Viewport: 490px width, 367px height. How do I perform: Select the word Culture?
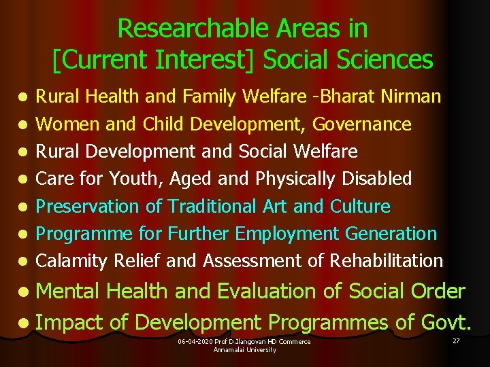360,206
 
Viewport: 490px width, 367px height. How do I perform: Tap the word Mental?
68,291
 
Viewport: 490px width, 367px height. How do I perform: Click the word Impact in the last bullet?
69,321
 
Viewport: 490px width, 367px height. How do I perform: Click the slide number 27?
456,338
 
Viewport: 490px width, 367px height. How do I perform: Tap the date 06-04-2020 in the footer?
193,341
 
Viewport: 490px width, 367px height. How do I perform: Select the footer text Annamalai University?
245,349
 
